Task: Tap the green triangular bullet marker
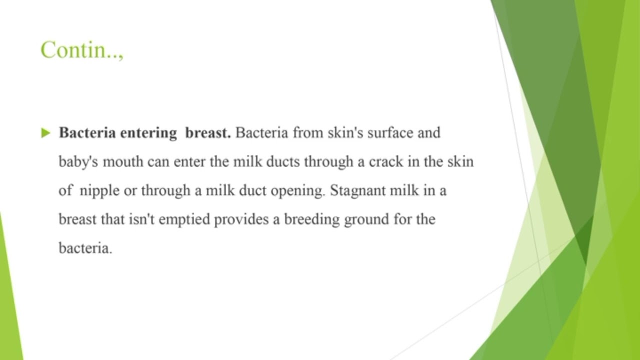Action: click(46, 133)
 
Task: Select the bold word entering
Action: click(148, 133)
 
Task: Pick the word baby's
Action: click(75, 162)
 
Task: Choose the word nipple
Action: click(99, 191)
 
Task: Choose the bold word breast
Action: click(207, 133)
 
